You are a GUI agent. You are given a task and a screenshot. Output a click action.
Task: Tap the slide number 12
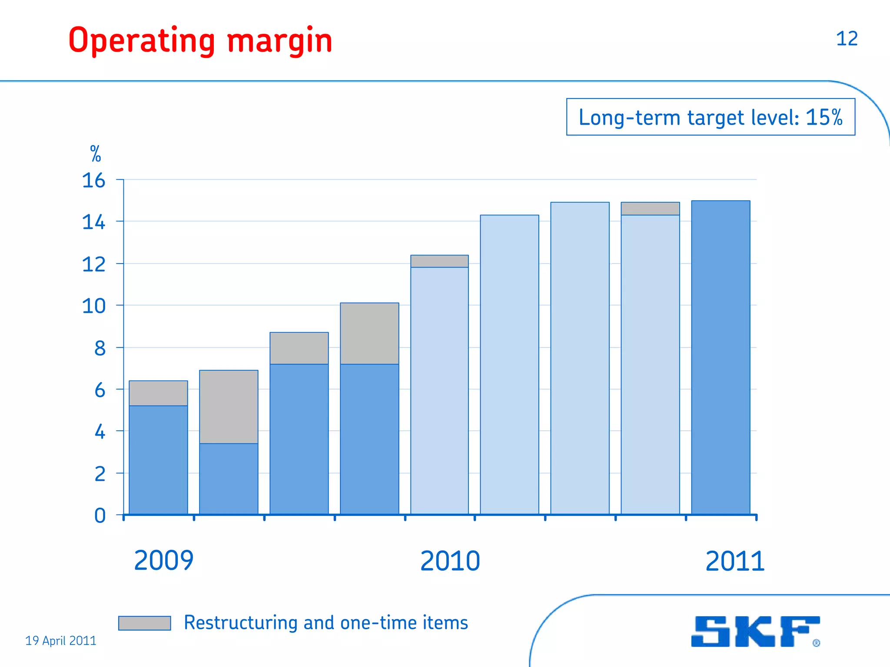(x=847, y=39)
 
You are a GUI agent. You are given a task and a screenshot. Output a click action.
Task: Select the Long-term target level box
(x=711, y=117)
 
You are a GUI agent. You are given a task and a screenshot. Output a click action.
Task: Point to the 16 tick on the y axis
(x=93, y=180)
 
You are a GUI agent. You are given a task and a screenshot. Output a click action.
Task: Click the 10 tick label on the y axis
(x=93, y=306)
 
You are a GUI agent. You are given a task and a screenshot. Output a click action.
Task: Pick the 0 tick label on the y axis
(x=100, y=516)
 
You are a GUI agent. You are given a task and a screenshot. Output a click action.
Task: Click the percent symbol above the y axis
(x=96, y=154)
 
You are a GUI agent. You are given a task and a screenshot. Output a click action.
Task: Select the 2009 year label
(x=163, y=561)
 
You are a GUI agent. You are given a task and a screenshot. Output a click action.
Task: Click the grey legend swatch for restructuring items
(x=144, y=623)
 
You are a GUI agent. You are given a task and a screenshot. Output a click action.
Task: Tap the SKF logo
(x=755, y=631)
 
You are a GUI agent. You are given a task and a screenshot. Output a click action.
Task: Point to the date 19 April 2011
(x=61, y=641)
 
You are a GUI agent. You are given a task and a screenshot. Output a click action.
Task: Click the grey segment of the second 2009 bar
(x=229, y=406)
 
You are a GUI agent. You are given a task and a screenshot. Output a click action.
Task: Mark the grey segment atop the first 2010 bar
(x=439, y=261)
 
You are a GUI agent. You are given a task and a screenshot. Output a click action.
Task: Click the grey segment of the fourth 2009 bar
(x=369, y=333)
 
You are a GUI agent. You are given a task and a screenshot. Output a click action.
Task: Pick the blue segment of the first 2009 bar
(x=158, y=459)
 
